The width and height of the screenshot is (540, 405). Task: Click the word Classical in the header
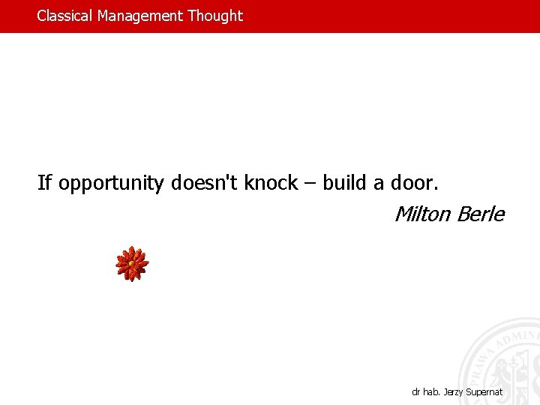[65, 16]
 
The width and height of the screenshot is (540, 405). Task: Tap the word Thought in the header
[215, 16]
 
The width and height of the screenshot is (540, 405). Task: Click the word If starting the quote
[44, 183]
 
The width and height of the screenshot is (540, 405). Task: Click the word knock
[271, 183]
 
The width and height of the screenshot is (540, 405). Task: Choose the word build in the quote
[343, 183]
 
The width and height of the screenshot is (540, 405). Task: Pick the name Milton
[422, 214]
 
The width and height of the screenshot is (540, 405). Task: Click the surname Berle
[480, 214]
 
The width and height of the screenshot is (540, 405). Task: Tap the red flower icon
[132, 264]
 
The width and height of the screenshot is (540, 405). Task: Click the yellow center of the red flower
[132, 263]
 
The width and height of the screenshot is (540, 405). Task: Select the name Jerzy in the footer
[453, 391]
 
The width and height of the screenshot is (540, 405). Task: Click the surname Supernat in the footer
[485, 391]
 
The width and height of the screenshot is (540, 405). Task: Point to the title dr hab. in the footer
[425, 391]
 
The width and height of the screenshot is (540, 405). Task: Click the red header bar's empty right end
[450, 16]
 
